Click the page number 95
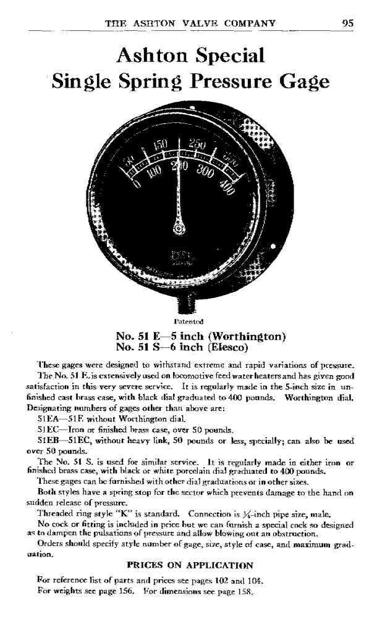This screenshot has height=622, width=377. click(x=347, y=23)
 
